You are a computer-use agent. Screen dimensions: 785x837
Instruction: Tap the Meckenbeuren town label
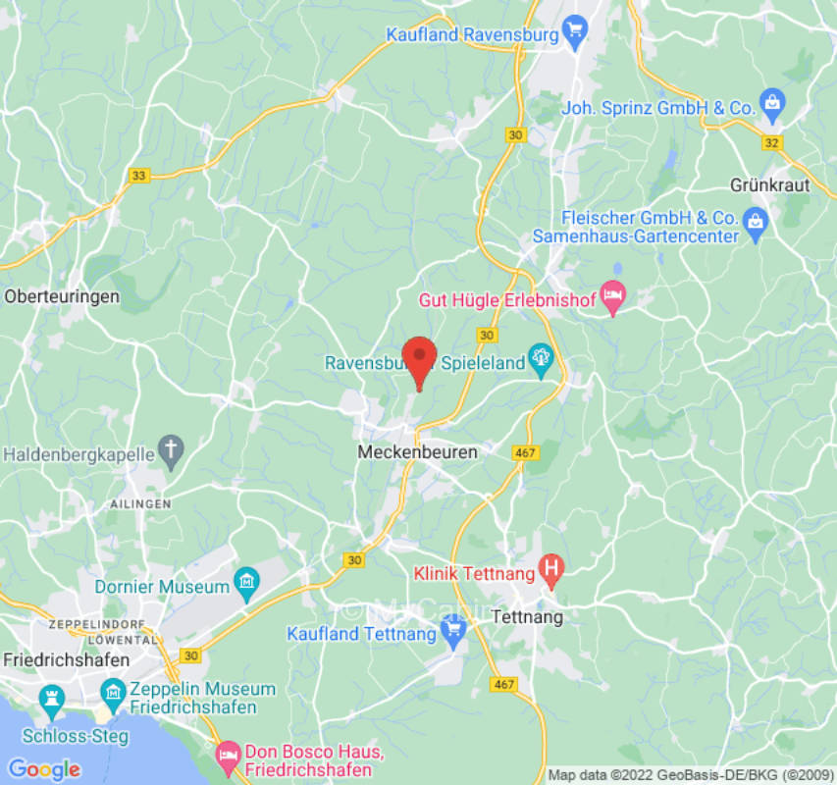pyautogui.click(x=418, y=452)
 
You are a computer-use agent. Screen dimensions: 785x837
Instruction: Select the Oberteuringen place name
pyautogui.click(x=62, y=295)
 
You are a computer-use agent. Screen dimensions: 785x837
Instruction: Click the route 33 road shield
pyautogui.click(x=139, y=176)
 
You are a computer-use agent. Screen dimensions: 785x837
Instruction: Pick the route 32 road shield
pyautogui.click(x=773, y=143)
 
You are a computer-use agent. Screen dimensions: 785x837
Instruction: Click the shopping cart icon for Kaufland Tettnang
pyautogui.click(x=452, y=635)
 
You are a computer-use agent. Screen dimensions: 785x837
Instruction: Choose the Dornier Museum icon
pyautogui.click(x=246, y=587)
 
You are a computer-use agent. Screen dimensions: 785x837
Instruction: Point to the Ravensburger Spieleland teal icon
pyautogui.click(x=540, y=362)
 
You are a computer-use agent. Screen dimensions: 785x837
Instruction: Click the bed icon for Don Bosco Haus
pyautogui.click(x=227, y=753)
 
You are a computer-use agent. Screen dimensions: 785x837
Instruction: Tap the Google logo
pyautogui.click(x=43, y=769)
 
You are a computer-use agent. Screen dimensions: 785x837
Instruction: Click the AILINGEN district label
pyautogui.click(x=139, y=502)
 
